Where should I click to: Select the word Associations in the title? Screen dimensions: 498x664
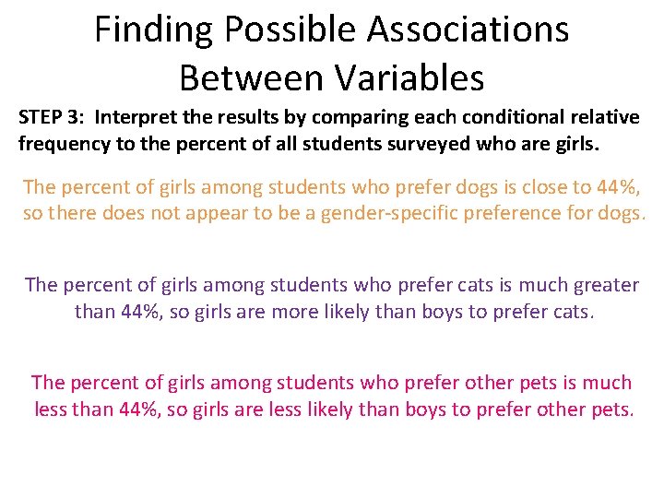[x=468, y=30]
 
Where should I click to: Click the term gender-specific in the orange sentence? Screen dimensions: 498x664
[x=385, y=213]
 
